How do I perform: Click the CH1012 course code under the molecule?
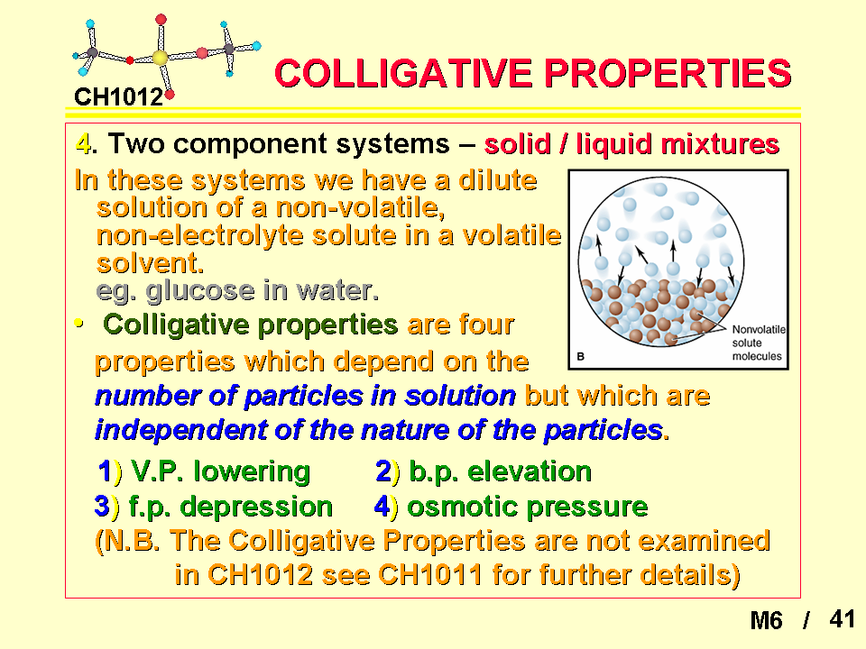(x=119, y=97)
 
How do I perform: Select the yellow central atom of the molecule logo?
(x=160, y=58)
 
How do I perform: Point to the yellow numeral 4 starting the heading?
(x=83, y=144)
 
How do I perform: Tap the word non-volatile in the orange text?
(x=360, y=208)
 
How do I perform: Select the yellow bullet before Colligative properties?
(x=79, y=323)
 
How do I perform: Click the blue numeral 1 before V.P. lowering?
(x=105, y=471)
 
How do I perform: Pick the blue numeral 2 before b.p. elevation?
(x=383, y=471)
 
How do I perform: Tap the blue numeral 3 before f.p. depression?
(x=102, y=507)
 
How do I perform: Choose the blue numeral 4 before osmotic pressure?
(x=382, y=507)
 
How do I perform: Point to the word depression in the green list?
(x=256, y=507)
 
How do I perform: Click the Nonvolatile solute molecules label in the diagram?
(x=759, y=343)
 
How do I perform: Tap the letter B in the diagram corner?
(x=580, y=357)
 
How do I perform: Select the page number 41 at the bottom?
(x=843, y=619)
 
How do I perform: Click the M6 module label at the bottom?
(x=766, y=620)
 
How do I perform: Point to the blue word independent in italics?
(x=181, y=431)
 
